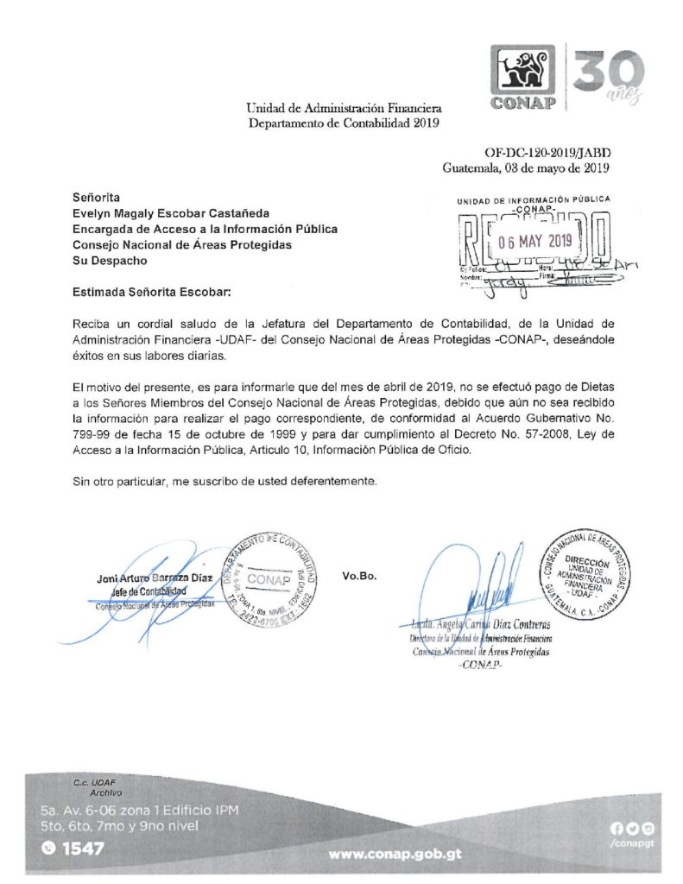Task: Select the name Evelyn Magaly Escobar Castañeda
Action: pos(172,213)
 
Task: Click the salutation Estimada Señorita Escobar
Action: pos(153,293)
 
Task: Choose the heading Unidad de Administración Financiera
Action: pos(344,109)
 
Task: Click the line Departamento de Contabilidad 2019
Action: pos(344,123)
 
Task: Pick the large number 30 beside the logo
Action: pos(607,73)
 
